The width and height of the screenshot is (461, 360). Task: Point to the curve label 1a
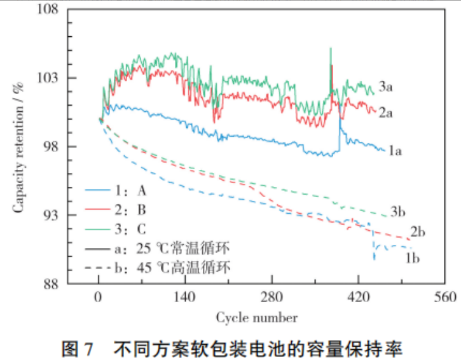click(x=396, y=151)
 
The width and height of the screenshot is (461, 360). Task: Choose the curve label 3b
click(x=399, y=211)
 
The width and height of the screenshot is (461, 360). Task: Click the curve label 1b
click(x=413, y=258)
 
